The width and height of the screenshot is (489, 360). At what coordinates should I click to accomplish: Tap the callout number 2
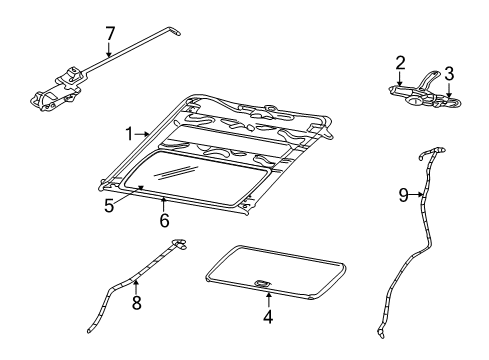point(399,62)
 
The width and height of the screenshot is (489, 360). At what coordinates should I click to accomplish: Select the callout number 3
point(449,73)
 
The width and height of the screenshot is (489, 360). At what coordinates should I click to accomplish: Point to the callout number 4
point(268,318)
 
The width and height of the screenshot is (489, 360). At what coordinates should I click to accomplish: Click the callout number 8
point(135,300)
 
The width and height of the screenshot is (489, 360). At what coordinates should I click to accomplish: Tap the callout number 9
point(403,195)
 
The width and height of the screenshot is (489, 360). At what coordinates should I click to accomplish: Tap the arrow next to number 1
point(142,133)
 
